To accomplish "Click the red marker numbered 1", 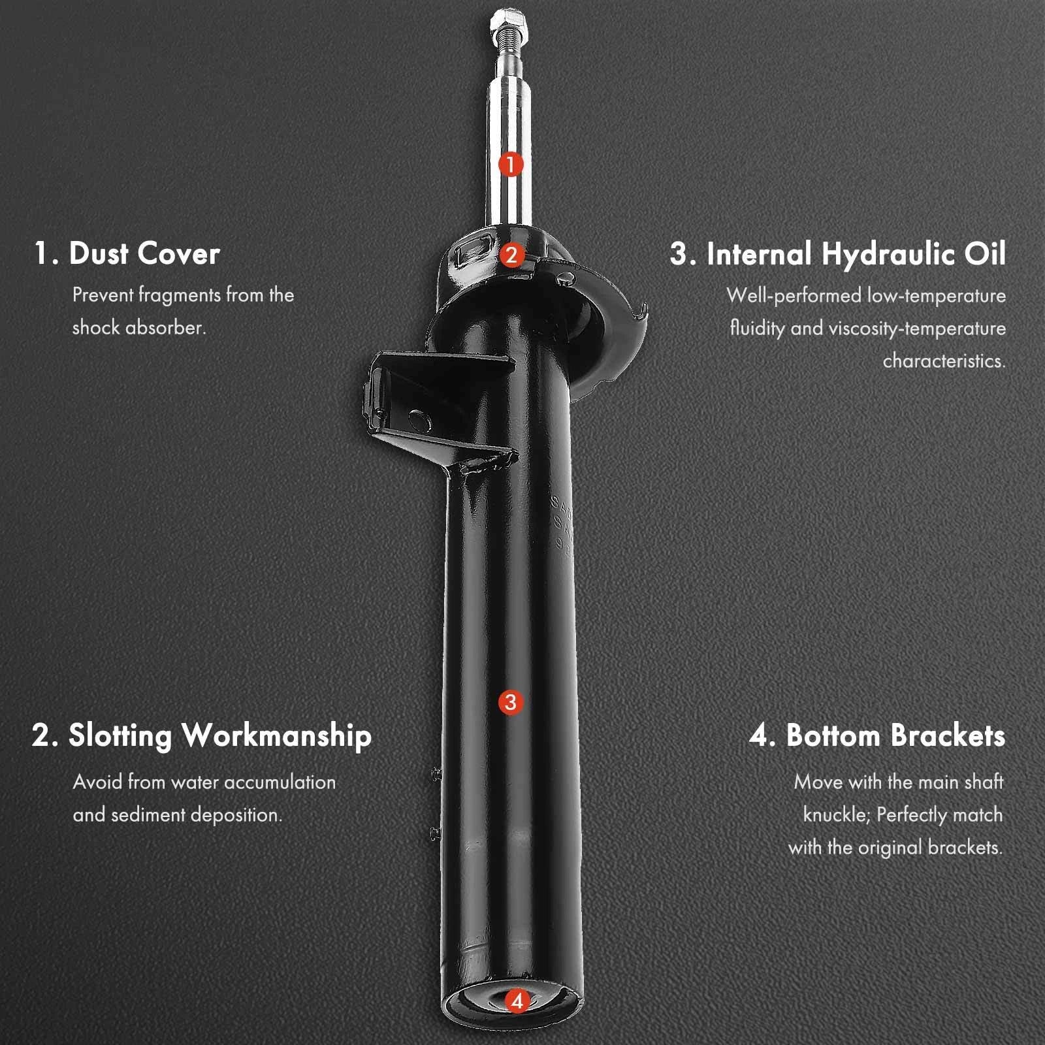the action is click(511, 164).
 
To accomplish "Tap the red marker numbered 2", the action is click(511, 255).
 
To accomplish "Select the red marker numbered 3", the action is click(511, 703).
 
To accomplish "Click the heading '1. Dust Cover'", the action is click(127, 253).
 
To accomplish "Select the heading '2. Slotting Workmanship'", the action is click(202, 736).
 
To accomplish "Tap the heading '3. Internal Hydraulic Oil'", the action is click(838, 254).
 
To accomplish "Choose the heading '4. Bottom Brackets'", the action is click(877, 735).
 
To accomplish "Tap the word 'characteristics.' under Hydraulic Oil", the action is click(944, 361).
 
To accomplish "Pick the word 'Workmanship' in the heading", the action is click(277, 736).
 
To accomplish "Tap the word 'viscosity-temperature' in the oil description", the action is click(917, 329).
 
